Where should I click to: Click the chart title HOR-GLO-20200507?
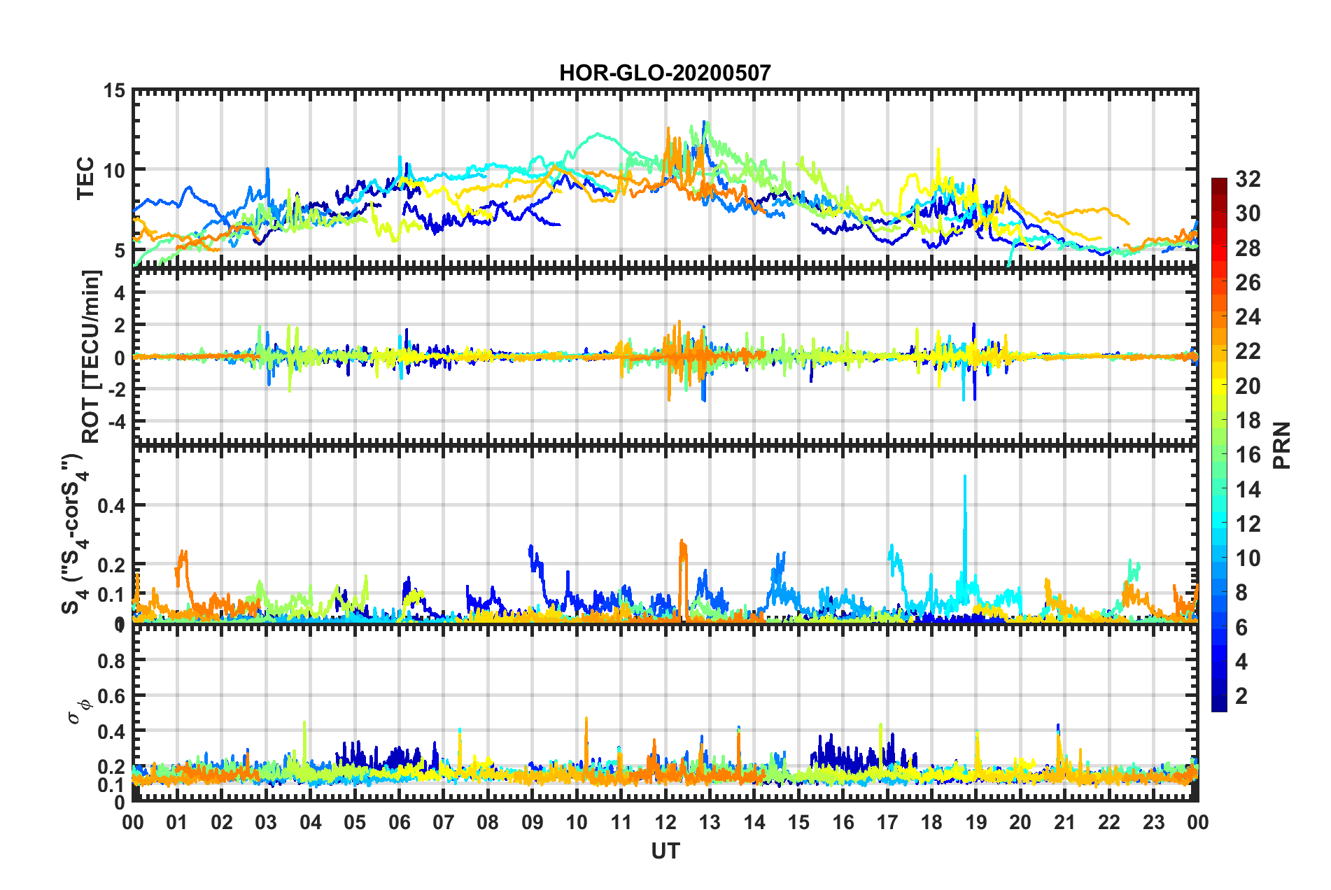pyautogui.click(x=665, y=73)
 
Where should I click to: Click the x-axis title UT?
pyautogui.click(x=665, y=851)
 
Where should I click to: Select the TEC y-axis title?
pyautogui.click(x=85, y=178)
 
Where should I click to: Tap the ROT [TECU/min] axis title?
pyautogui.click(x=91, y=356)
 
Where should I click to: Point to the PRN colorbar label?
pyautogui.click(x=1282, y=445)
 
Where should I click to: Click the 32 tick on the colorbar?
pyautogui.click(x=1248, y=179)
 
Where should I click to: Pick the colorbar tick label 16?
pyautogui.click(x=1248, y=455)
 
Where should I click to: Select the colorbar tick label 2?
pyautogui.click(x=1242, y=695)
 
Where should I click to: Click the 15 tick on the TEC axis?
pyautogui.click(x=114, y=91)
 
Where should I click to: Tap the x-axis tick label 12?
pyautogui.click(x=665, y=822)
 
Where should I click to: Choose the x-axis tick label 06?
pyautogui.click(x=399, y=822)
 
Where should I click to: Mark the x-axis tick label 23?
pyautogui.click(x=1153, y=822)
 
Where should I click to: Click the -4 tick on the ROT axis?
pyautogui.click(x=118, y=422)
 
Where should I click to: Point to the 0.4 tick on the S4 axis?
pyautogui.click(x=111, y=505)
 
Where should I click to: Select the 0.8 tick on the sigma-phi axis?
pyautogui.click(x=111, y=661)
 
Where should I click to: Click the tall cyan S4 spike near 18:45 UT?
pyautogui.click(x=965, y=483)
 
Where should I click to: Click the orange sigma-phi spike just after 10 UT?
pyautogui.click(x=586, y=721)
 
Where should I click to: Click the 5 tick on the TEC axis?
pyautogui.click(x=118, y=250)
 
